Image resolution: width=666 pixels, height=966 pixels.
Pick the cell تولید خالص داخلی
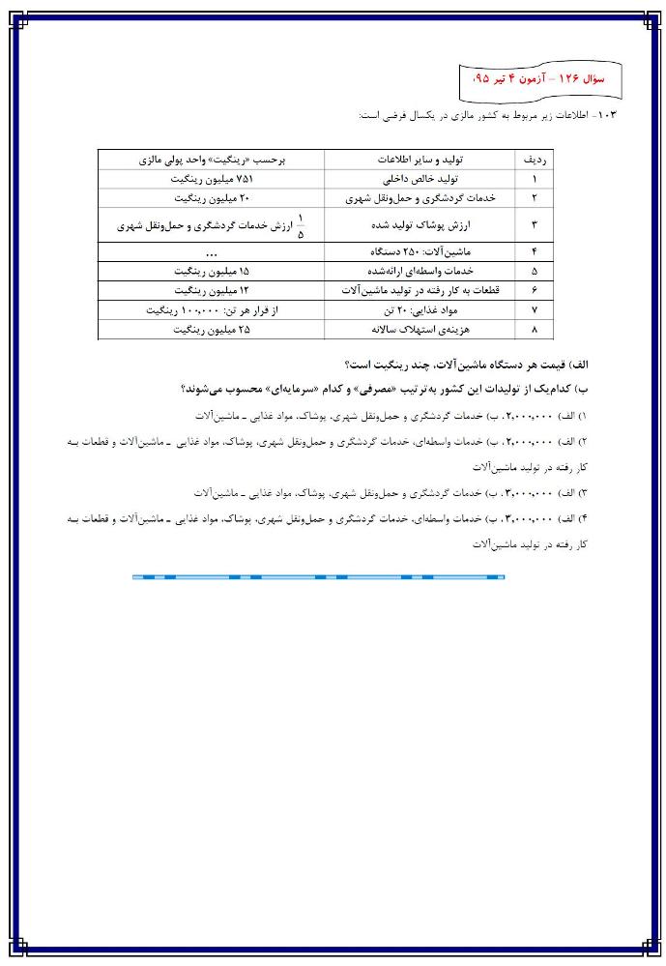pos(420,179)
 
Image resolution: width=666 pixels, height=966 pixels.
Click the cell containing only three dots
pos(210,251)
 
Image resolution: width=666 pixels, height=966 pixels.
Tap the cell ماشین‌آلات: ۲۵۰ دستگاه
pos(420,251)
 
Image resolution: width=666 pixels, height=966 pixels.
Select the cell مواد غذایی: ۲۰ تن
pos(420,310)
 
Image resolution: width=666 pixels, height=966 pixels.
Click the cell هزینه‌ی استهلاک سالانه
pos(420,330)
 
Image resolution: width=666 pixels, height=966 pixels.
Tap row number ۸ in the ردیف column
pos(535,330)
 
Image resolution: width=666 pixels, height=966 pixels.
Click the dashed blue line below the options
pos(318,577)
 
